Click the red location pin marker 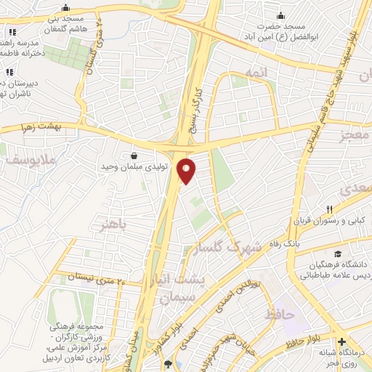tap(187, 171)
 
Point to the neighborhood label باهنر tap(117, 226)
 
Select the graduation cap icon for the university tap(338, 254)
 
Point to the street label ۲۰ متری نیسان tap(102, 278)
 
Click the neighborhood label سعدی tap(355, 190)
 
